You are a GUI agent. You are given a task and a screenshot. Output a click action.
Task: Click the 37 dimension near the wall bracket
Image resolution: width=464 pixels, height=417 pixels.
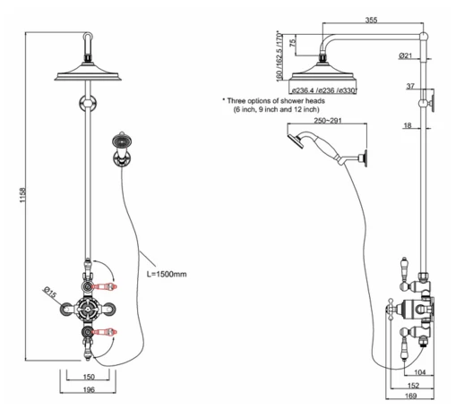tap(434, 86)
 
